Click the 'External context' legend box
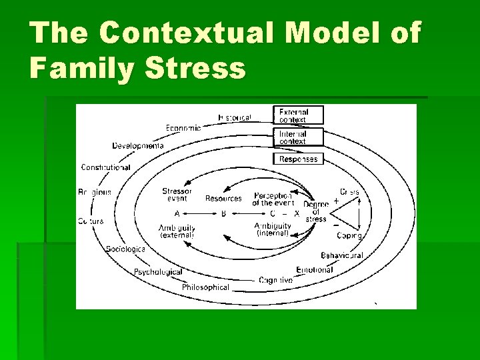[298, 115]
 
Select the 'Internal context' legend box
[298, 137]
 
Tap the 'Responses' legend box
[298, 159]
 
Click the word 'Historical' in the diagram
[235, 118]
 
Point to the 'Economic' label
[183, 128]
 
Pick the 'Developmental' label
[138, 146]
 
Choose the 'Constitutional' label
[105, 167]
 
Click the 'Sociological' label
[125, 249]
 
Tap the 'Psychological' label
[158, 272]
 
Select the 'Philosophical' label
[205, 287]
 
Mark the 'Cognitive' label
[276, 281]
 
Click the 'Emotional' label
[315, 270]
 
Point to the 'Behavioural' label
[342, 255]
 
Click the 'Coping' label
[349, 235]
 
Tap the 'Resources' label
[223, 199]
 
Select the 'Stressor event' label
[177, 195]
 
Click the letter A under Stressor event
[177, 214]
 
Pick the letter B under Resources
[223, 214]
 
